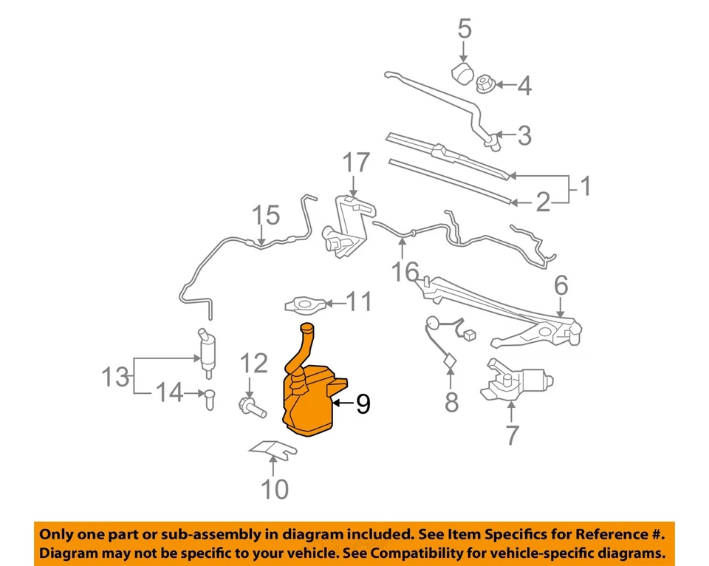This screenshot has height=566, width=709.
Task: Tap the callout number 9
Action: (363, 403)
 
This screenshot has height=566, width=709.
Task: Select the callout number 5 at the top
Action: (464, 29)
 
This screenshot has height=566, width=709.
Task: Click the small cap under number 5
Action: (462, 75)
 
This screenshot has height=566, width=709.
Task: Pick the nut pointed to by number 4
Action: (484, 84)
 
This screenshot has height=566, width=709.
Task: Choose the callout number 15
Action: (267, 216)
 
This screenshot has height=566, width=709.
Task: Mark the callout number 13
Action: (115, 378)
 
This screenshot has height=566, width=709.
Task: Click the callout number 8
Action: (451, 403)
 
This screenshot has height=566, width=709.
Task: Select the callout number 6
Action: (561, 284)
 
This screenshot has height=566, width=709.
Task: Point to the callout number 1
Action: (584, 187)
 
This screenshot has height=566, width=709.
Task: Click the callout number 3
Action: (524, 136)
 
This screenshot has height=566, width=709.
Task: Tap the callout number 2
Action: (543, 202)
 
